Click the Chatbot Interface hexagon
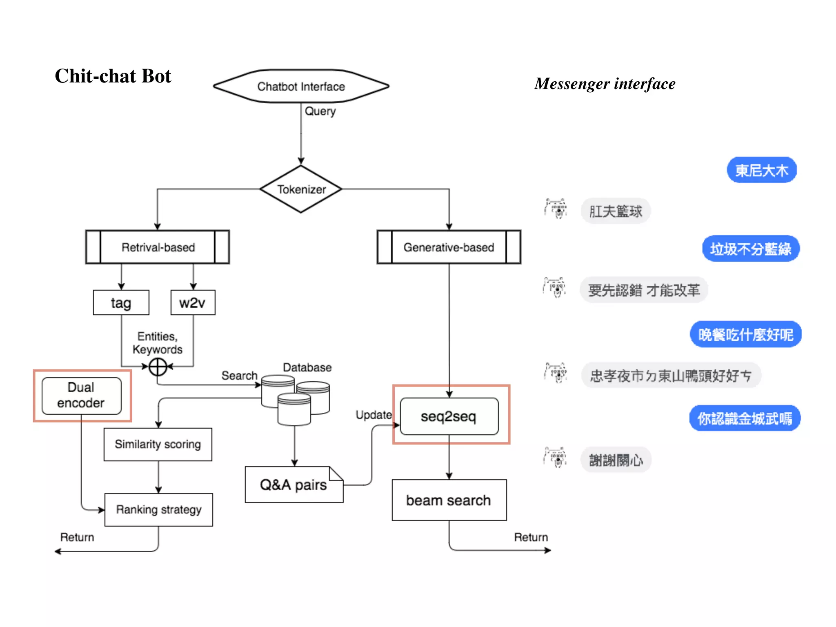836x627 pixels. click(301, 86)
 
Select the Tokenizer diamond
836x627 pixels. click(301, 189)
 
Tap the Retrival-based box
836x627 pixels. click(158, 247)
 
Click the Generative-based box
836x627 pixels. click(449, 247)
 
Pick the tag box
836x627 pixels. click(121, 302)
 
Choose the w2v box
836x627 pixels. click(193, 302)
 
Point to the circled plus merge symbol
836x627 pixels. click(158, 367)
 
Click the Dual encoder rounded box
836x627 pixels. click(81, 395)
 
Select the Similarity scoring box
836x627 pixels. click(158, 444)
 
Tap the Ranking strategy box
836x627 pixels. click(158, 509)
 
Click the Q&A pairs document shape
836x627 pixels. click(293, 485)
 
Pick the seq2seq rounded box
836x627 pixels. click(449, 416)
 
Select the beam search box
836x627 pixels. click(449, 500)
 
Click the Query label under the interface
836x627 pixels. click(320, 111)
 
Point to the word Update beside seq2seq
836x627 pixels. click(374, 415)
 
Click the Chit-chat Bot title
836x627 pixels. click(113, 76)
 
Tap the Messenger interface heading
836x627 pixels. click(605, 84)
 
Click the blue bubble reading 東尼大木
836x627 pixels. click(761, 170)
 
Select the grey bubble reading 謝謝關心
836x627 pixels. click(616, 460)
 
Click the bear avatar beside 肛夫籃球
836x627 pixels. click(556, 209)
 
